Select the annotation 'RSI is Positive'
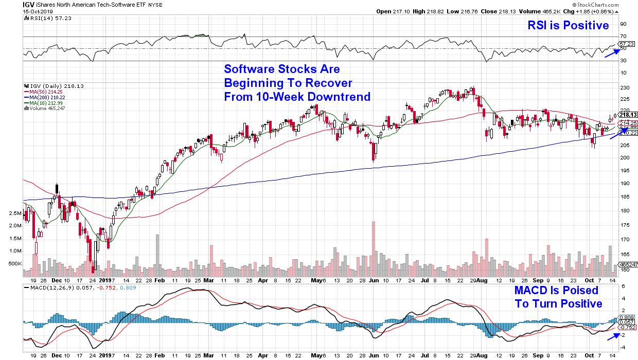pos(568,25)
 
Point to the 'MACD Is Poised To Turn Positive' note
pos(558,297)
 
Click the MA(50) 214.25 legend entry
pos(43,92)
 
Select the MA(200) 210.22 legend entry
pos(44,97)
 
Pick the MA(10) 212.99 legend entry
pos(43,103)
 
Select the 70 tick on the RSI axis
pos(623,37)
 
